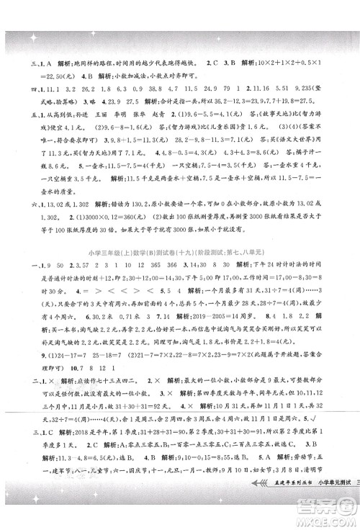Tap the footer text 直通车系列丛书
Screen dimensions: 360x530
pyautogui.click(x=283, y=508)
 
